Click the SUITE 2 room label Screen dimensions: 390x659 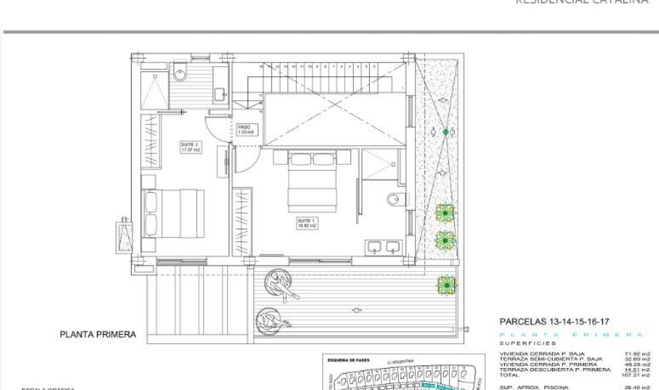191,146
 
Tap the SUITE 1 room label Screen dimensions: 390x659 307,223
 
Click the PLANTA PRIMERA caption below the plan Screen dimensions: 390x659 98,334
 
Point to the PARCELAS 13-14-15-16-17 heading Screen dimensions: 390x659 554,322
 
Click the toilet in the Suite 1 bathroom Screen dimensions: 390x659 395,200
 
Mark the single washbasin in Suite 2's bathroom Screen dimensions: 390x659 219,93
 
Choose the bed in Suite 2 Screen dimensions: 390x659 174,213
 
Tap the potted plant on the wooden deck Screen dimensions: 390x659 446,285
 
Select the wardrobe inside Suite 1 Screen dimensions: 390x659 243,220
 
